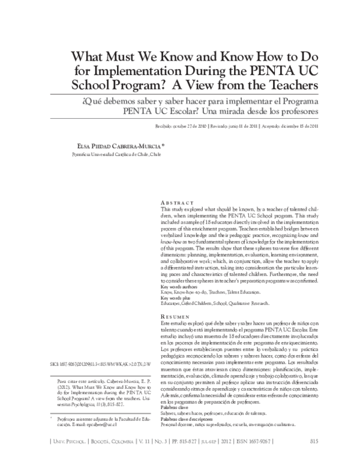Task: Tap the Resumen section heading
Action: click(x=178, y=316)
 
